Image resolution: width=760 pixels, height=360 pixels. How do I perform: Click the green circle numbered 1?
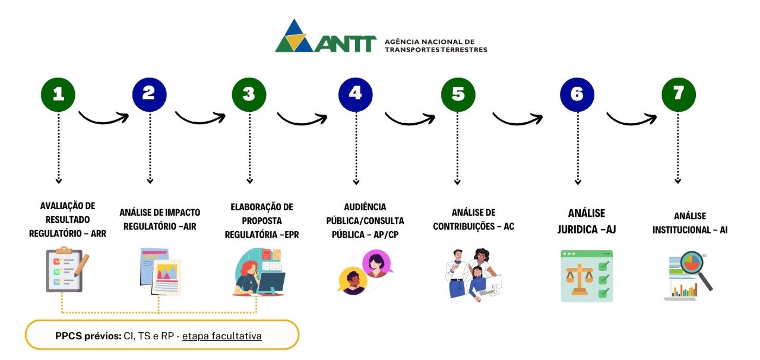(58, 94)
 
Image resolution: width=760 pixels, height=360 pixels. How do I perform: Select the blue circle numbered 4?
(355, 94)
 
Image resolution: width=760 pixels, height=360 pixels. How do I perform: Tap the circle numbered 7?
(679, 94)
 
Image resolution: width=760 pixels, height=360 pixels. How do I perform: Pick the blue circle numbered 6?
(577, 94)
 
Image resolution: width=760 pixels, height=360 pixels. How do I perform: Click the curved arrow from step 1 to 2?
(104, 115)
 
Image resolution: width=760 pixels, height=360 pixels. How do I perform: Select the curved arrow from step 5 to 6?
(517, 117)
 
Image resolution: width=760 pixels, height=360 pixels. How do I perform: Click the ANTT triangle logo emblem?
(294, 36)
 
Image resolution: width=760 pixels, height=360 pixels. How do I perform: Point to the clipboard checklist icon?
(66, 270)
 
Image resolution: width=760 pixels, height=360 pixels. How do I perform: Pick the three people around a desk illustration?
(473, 274)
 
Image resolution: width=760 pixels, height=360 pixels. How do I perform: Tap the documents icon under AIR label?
(160, 271)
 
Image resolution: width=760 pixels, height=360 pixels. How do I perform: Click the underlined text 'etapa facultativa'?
(221, 336)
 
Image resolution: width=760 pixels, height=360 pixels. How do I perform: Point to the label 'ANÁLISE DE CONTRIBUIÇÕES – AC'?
(473, 219)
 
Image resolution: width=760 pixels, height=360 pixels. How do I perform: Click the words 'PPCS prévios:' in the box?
(84, 336)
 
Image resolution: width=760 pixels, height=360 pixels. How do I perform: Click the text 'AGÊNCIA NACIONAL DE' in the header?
(429, 42)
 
